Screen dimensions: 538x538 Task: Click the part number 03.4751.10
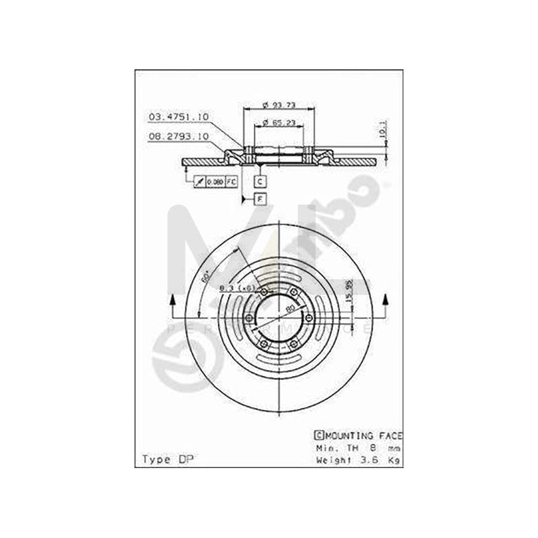(x=178, y=117)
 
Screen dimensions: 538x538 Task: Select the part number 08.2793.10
(x=178, y=137)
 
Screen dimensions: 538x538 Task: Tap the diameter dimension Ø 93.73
(x=279, y=106)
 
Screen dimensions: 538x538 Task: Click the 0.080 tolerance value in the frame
(x=215, y=180)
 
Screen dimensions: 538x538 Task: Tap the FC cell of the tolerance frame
(x=231, y=180)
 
